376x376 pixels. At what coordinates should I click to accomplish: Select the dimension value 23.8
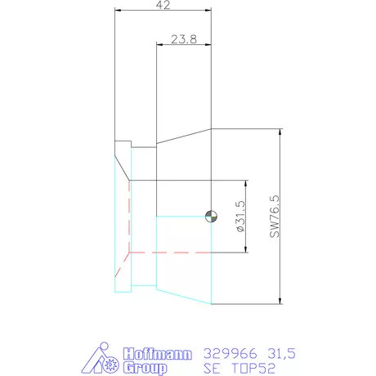click(x=183, y=38)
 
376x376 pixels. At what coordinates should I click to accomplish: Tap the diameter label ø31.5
click(x=239, y=217)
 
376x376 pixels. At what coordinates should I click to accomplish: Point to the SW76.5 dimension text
click(x=274, y=216)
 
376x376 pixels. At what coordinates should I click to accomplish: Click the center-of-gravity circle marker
click(x=211, y=216)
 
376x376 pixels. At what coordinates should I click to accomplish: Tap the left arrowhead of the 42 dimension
click(x=118, y=11)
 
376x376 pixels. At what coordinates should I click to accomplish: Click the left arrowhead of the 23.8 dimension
click(x=159, y=44)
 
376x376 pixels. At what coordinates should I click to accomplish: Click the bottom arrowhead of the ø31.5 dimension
click(x=245, y=250)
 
